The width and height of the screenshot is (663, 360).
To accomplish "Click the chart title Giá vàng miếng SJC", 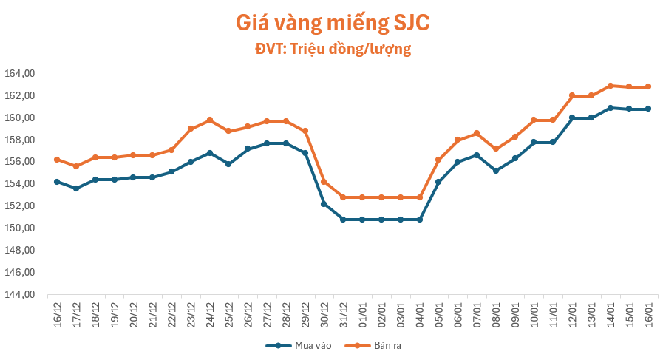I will pyautogui.click(x=332, y=23).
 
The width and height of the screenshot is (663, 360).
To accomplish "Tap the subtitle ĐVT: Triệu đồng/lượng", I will pyautogui.click(x=332, y=50).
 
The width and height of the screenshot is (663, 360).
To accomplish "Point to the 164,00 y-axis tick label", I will pyautogui.click(x=21, y=74).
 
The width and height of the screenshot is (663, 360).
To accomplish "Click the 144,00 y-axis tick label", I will pyautogui.click(x=21, y=294).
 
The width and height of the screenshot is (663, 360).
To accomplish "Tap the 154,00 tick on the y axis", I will pyautogui.click(x=21, y=184).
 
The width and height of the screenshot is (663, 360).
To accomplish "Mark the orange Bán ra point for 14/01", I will pyautogui.click(x=610, y=86).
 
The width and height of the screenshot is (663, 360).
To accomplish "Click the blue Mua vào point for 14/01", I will pyautogui.click(x=610, y=108).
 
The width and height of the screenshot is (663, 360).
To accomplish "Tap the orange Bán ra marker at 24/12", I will pyautogui.click(x=210, y=120).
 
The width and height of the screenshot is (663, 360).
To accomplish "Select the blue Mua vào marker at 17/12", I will pyautogui.click(x=76, y=189).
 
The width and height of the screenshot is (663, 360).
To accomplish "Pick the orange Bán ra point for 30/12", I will pyautogui.click(x=324, y=182).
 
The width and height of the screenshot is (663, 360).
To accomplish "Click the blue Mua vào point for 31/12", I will pyautogui.click(x=343, y=220).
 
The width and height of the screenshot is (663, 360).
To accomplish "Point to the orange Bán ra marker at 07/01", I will pyautogui.click(x=477, y=133).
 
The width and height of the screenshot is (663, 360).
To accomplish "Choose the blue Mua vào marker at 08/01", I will pyautogui.click(x=496, y=171).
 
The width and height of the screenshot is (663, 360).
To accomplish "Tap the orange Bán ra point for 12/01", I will pyautogui.click(x=572, y=95).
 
